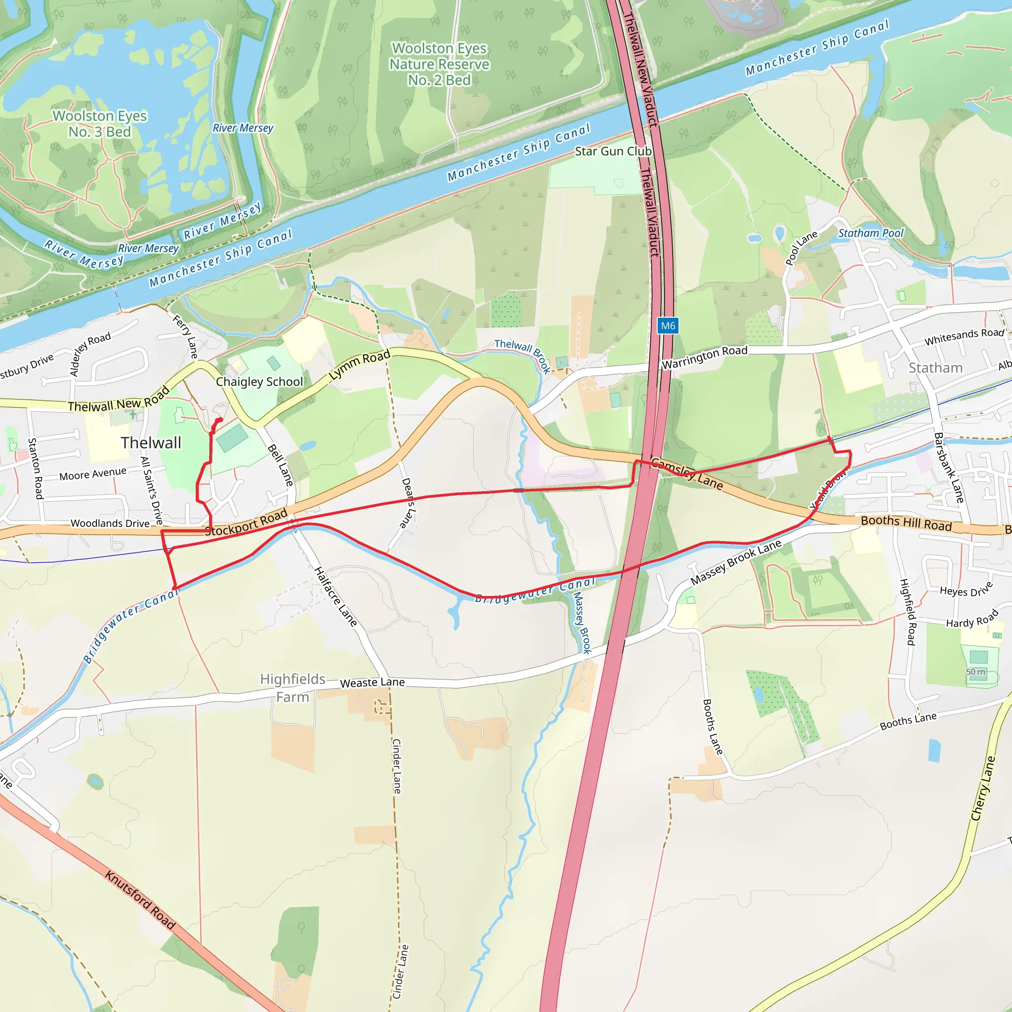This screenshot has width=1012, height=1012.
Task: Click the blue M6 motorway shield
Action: tap(668, 326)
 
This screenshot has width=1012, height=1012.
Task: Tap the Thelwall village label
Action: tap(151, 443)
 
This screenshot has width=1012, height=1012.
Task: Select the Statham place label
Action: tap(935, 368)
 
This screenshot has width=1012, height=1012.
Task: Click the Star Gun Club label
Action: tap(613, 151)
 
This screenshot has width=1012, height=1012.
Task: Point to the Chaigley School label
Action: tap(259, 381)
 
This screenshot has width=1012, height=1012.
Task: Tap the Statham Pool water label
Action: tap(871, 233)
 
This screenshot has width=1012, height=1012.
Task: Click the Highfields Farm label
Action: tap(293, 688)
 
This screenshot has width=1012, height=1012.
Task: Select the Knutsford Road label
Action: tap(140, 899)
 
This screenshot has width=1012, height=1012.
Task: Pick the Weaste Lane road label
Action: tap(373, 682)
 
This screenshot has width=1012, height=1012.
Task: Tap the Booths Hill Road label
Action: tap(906, 523)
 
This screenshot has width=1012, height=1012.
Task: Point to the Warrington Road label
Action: tap(705, 357)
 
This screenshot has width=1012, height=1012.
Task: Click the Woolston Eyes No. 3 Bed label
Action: tap(100, 124)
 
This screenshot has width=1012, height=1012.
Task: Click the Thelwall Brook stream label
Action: tap(523, 355)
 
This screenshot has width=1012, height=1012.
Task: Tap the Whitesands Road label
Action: tap(964, 337)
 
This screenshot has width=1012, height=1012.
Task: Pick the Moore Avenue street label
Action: tap(93, 474)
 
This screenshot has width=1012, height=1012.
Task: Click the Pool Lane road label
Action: tap(801, 248)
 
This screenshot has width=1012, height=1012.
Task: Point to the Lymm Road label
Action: tap(359, 365)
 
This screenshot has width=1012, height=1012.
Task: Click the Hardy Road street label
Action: tap(972, 619)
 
